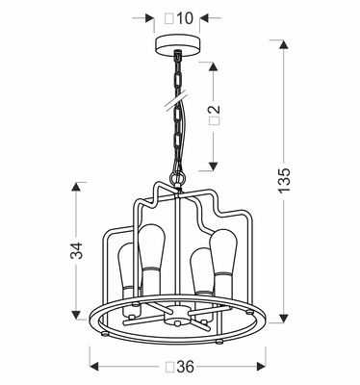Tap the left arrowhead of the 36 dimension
tap(94, 367)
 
